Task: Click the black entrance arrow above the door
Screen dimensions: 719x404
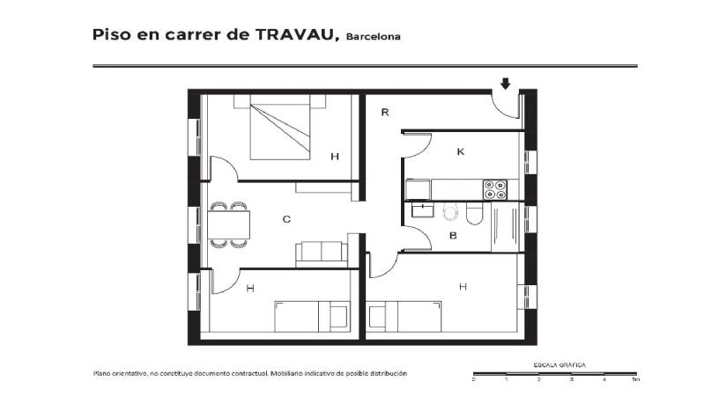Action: pyautogui.click(x=505, y=84)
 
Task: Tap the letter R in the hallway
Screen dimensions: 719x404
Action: pyautogui.click(x=385, y=113)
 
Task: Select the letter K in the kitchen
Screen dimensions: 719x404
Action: pyautogui.click(x=461, y=151)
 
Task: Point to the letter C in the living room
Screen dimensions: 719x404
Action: pyautogui.click(x=286, y=219)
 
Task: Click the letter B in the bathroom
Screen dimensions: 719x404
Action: pyautogui.click(x=453, y=236)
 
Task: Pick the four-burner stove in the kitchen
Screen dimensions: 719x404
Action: pyautogui.click(x=495, y=189)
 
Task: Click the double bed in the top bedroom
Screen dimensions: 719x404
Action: pyautogui.click(x=279, y=127)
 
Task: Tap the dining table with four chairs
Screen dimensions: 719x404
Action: pyautogui.click(x=229, y=224)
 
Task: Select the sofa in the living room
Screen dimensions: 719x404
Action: pyautogui.click(x=322, y=254)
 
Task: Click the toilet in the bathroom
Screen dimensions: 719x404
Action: pyautogui.click(x=474, y=214)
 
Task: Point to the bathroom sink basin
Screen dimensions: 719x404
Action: pyautogui.click(x=423, y=210)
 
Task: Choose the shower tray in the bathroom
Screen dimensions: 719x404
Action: pyautogui.click(x=505, y=227)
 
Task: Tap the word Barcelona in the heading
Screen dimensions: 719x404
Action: pyautogui.click(x=374, y=37)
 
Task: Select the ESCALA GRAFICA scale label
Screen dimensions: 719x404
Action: pyautogui.click(x=560, y=365)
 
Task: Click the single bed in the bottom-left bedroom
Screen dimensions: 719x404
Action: pyautogui.click(x=312, y=317)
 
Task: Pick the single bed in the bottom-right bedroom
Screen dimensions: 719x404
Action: pyautogui.click(x=404, y=317)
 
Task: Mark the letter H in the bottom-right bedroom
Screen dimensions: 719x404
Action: pyautogui.click(x=463, y=287)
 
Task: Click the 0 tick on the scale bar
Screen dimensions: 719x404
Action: pyautogui.click(x=474, y=379)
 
